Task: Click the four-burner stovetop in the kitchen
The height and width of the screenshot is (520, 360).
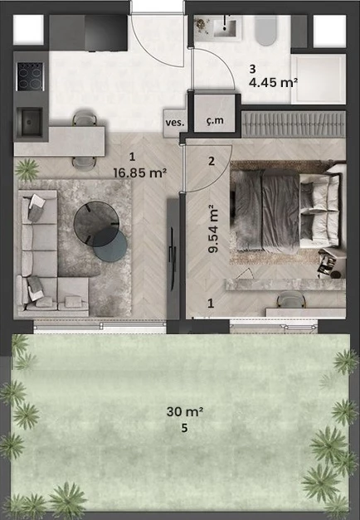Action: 30,76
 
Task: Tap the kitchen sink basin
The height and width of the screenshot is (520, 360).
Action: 30,122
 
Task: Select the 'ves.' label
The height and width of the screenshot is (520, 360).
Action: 175,123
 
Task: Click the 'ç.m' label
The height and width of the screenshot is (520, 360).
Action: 215,120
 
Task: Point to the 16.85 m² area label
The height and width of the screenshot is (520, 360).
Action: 139,173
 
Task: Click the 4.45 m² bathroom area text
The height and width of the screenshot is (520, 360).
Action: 273,82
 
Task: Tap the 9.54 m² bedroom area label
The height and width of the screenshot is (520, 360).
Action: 212,229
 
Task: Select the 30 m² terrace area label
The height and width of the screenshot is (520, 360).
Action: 185,412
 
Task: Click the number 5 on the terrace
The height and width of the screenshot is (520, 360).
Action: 184,428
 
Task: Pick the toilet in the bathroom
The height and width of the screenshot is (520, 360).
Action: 265,31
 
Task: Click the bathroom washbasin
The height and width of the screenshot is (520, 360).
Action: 225,27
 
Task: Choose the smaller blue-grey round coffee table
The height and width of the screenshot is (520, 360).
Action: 109,245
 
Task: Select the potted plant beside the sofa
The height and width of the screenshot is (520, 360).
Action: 27,170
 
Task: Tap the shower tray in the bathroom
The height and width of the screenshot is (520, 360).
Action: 319,79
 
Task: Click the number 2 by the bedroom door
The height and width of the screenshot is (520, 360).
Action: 212,161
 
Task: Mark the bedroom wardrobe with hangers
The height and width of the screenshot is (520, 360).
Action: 294,124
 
